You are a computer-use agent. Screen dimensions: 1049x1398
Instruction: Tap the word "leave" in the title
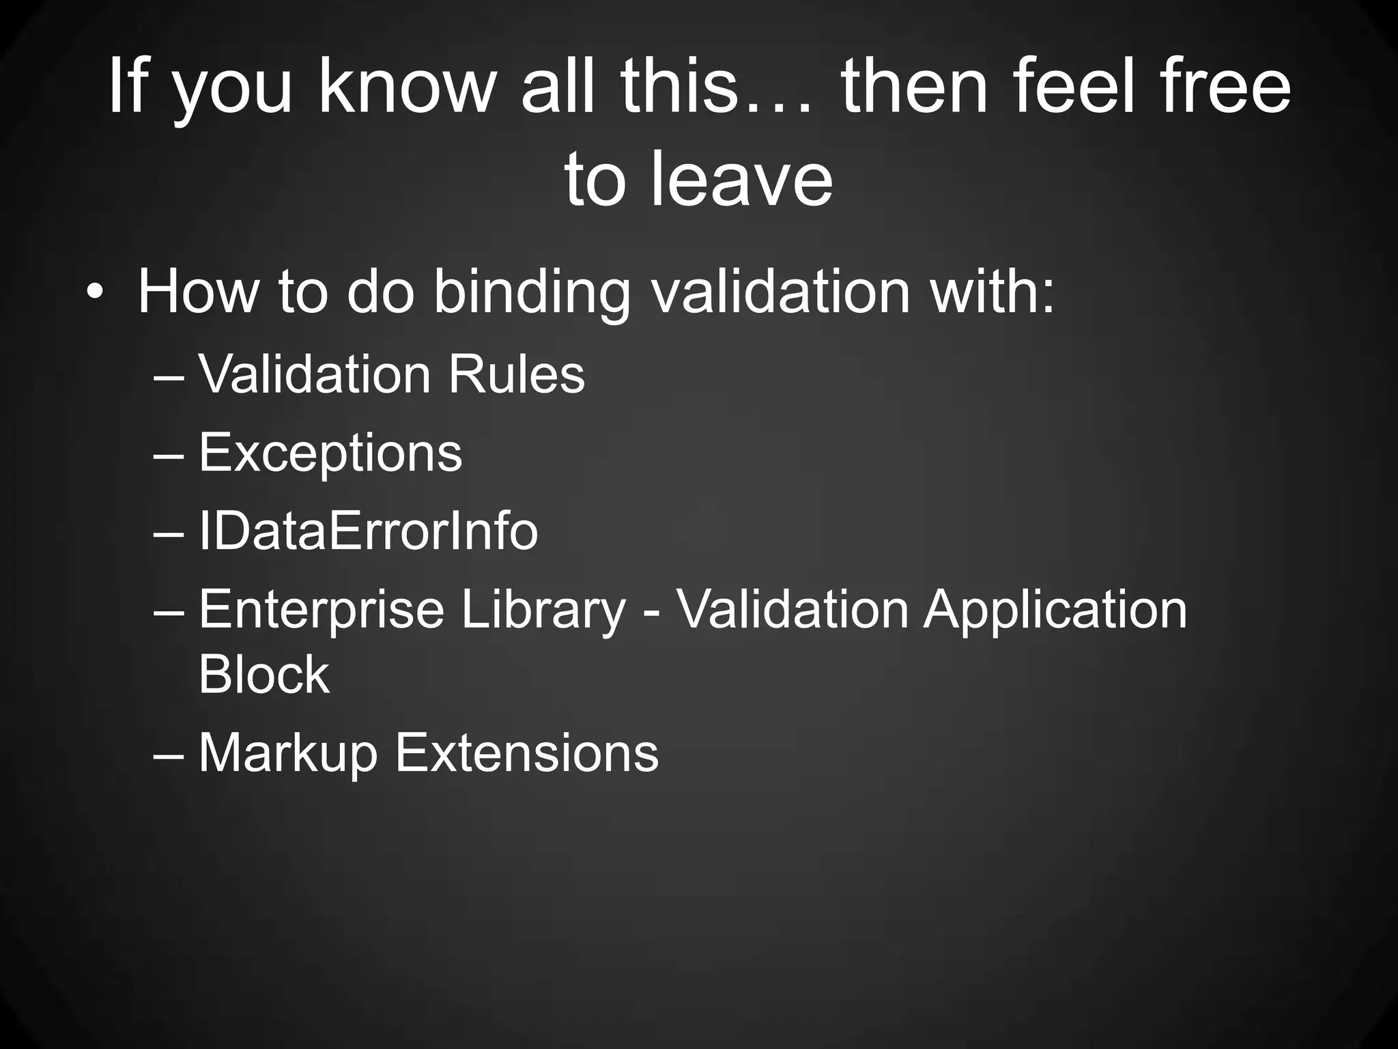click(742, 179)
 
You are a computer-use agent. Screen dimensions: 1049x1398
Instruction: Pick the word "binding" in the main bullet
click(531, 293)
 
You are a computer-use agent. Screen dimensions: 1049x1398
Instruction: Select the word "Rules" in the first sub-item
click(516, 374)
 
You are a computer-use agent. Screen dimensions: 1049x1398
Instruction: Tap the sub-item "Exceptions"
click(330, 453)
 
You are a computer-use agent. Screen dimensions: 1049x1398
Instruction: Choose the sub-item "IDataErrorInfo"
click(368, 531)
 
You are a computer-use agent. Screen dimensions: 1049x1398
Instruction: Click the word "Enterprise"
click(321, 610)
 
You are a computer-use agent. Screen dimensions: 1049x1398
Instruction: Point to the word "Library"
click(543, 610)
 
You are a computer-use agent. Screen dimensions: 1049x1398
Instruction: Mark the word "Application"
click(1055, 610)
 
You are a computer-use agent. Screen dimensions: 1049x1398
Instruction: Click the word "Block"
click(263, 674)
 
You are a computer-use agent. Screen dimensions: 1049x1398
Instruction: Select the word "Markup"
click(287, 754)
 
